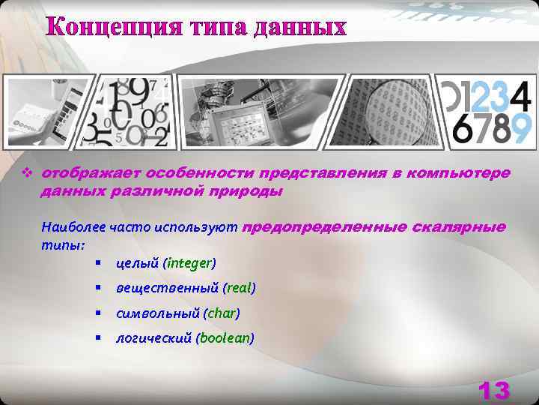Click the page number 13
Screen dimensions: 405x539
(493, 390)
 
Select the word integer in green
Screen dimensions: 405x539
(190, 262)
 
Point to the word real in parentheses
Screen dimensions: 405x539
(241, 288)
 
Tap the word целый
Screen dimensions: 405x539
(138, 262)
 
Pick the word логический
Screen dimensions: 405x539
(154, 338)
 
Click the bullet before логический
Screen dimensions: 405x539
(99, 338)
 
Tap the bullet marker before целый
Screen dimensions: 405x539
(99, 262)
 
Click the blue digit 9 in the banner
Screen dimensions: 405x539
(522, 127)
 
